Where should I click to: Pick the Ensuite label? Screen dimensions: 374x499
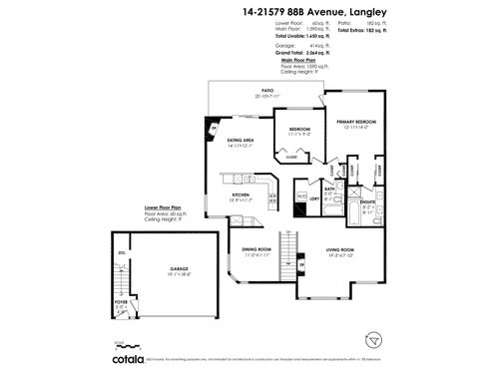point(366,201)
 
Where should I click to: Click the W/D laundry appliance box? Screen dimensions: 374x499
point(301,195)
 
